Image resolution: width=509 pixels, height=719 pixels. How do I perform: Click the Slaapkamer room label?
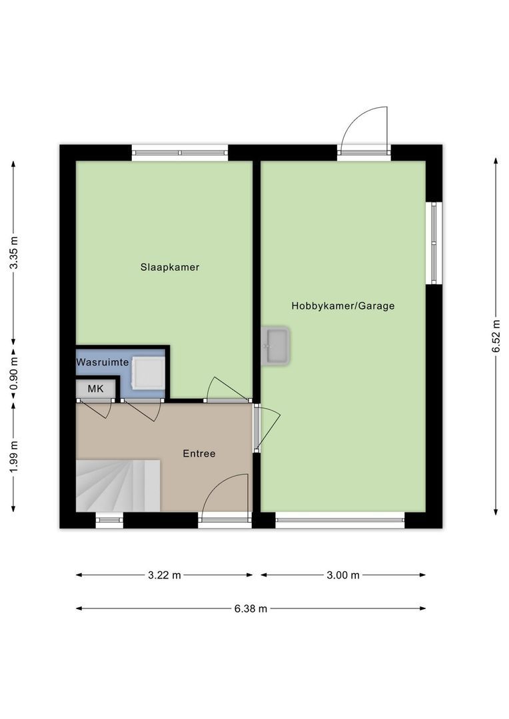[x=170, y=268]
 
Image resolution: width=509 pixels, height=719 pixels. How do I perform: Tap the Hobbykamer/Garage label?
[x=342, y=306]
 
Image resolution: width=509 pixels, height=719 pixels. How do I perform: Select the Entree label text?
[x=199, y=453]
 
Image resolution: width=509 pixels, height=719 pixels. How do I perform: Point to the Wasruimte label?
[x=102, y=362]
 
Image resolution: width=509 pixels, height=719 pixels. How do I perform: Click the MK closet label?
[x=96, y=389]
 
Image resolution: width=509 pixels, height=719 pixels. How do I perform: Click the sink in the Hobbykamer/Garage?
[x=274, y=346]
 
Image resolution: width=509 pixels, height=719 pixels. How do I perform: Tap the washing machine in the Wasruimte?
[x=148, y=373]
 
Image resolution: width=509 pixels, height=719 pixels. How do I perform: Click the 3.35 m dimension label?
[x=14, y=254]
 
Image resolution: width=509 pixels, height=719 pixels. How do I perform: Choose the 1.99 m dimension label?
[x=14, y=458]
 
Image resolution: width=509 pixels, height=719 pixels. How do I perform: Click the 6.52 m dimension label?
[x=496, y=336]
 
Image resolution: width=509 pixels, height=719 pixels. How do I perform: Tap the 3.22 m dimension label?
[x=165, y=575]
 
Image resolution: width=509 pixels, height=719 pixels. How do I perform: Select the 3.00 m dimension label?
[x=342, y=575]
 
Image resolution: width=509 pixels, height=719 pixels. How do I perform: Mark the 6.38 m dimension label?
[x=251, y=608]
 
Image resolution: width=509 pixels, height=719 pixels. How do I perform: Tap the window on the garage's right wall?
[x=434, y=243]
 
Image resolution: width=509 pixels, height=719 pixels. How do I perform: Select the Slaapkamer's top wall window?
[x=180, y=152]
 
